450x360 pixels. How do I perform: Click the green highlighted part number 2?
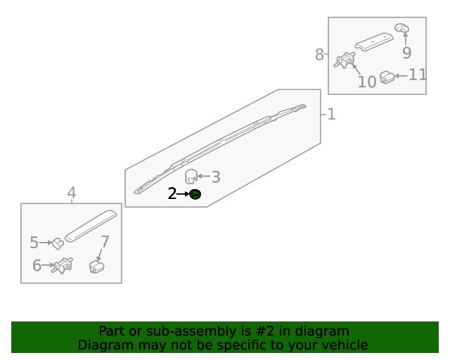(x=195, y=194)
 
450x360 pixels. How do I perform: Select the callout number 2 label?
(x=172, y=194)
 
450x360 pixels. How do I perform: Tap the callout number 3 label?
(x=216, y=177)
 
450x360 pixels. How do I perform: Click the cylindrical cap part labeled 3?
(x=191, y=176)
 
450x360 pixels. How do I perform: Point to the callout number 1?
(x=331, y=114)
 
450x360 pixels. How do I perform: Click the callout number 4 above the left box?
(x=72, y=193)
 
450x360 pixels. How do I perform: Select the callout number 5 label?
(x=34, y=243)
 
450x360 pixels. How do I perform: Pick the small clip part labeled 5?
(x=58, y=243)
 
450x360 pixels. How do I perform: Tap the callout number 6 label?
(x=37, y=266)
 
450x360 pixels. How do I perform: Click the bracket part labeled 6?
(x=64, y=266)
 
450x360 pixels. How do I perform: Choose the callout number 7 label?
(x=105, y=242)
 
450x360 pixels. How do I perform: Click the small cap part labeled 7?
(x=96, y=266)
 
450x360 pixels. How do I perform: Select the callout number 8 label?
(x=319, y=55)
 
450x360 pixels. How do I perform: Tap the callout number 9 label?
(x=406, y=53)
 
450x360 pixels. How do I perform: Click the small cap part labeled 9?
(x=402, y=27)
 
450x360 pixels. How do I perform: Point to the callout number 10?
(x=366, y=82)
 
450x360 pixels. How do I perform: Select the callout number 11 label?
(x=418, y=75)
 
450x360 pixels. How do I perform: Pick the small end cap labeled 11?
(x=387, y=77)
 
